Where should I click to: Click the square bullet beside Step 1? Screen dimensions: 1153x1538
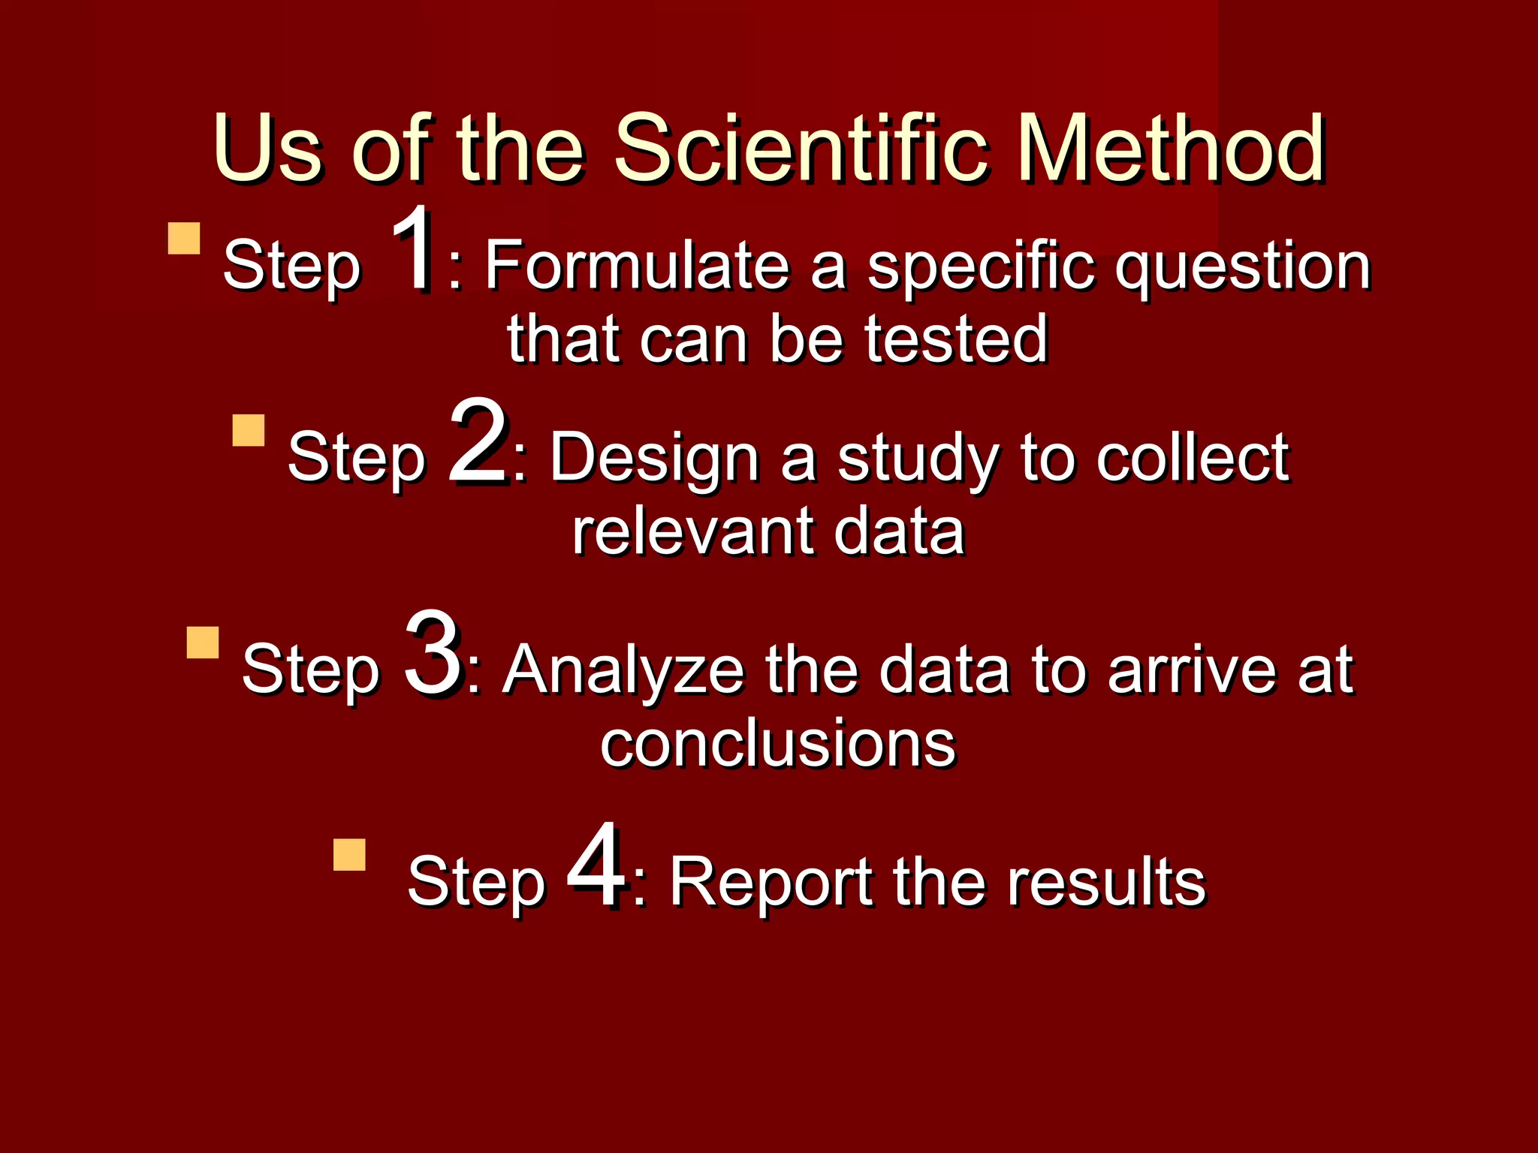[184, 238]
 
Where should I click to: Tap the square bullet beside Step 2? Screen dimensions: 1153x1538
[249, 430]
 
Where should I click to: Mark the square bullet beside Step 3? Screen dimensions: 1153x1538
[203, 643]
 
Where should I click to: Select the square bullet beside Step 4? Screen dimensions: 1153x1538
[349, 854]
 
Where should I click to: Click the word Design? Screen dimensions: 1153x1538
[654, 459]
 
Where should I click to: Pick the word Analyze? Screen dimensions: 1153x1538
[623, 670]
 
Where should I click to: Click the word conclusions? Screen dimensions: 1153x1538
[778, 744]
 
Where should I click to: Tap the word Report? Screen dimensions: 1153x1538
[770, 883]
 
